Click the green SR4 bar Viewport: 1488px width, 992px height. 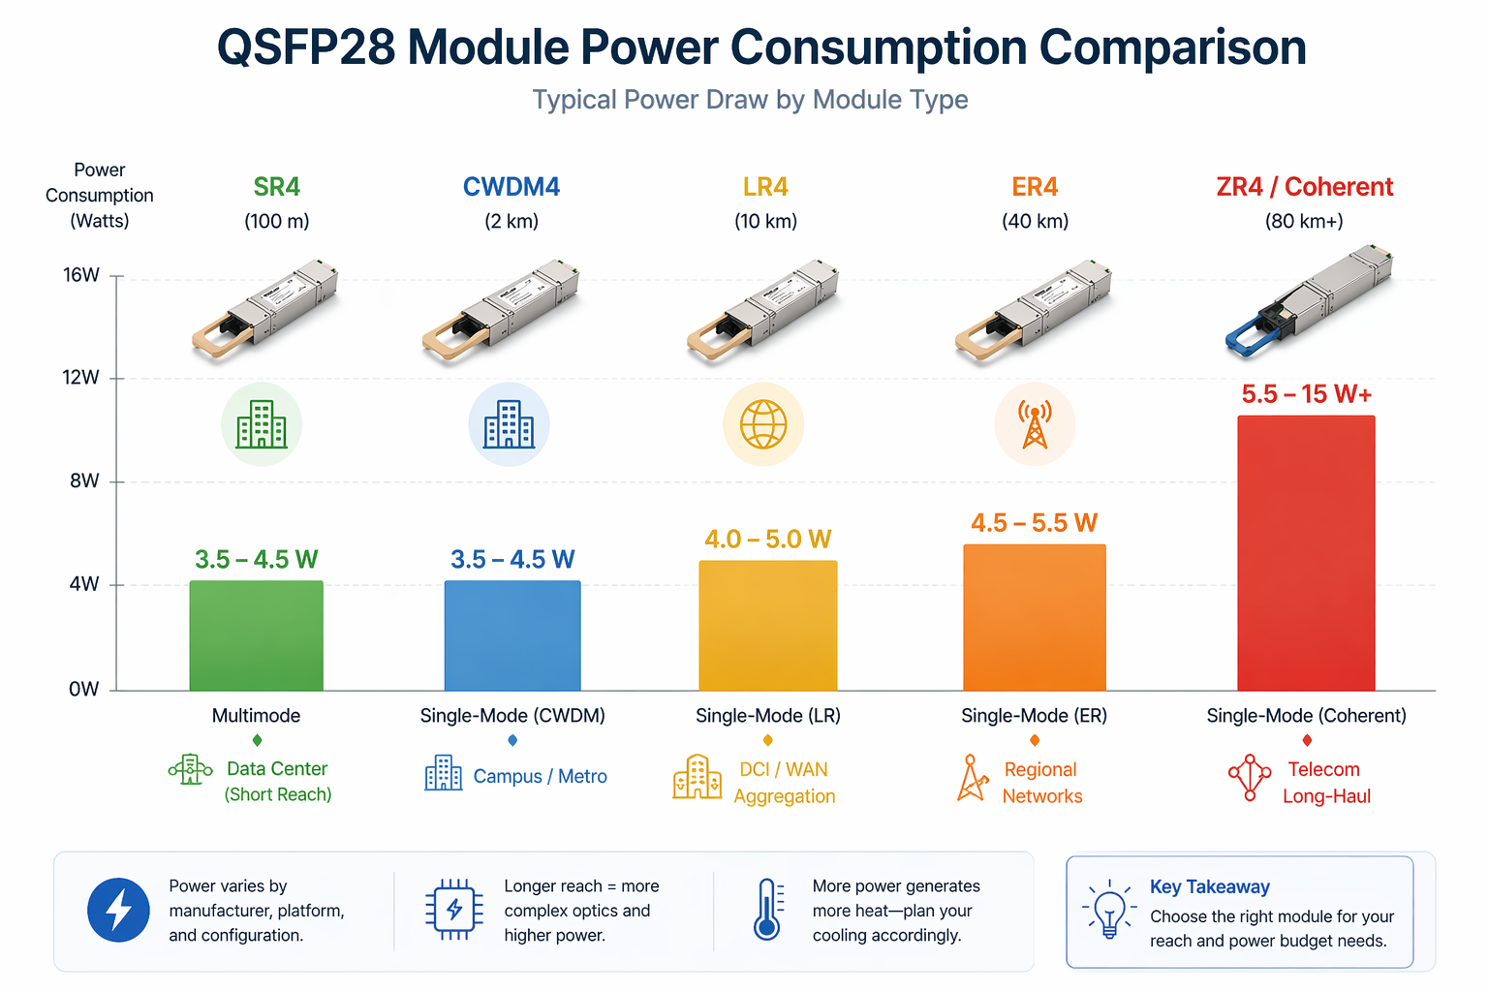click(256, 635)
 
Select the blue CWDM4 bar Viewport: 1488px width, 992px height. click(512, 635)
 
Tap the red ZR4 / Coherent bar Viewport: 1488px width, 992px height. click(1306, 553)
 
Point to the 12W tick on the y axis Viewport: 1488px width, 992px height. click(81, 378)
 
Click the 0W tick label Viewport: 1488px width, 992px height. click(83, 690)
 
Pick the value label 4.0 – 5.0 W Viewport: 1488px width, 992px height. click(767, 540)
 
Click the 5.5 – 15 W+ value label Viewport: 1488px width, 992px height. click(1306, 394)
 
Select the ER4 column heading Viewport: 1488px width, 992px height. click(1035, 187)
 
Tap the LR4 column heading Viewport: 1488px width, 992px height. click(765, 187)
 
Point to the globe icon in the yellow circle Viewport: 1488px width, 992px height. click(763, 424)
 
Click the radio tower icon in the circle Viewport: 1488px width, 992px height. click(1035, 424)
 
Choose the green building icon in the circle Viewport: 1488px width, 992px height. click(262, 424)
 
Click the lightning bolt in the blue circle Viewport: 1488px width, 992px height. click(118, 911)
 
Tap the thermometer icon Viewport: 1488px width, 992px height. click(767, 910)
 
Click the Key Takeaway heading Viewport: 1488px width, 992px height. click(1209, 886)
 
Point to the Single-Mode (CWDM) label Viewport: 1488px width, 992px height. click(512, 716)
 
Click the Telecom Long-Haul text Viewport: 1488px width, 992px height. click(1325, 783)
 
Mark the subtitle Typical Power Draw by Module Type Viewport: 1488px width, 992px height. click(750, 100)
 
